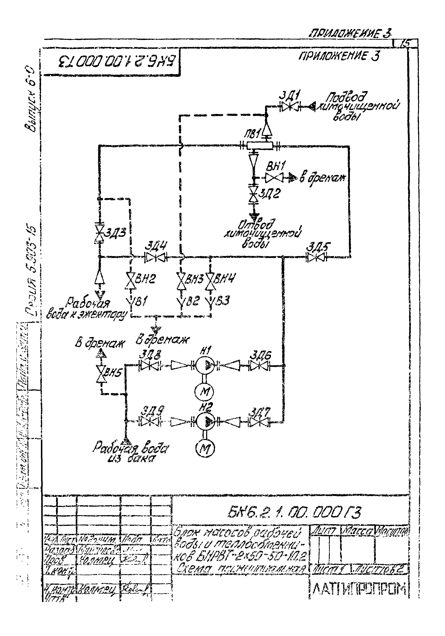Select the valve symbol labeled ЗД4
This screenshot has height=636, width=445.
[x=156, y=258]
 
